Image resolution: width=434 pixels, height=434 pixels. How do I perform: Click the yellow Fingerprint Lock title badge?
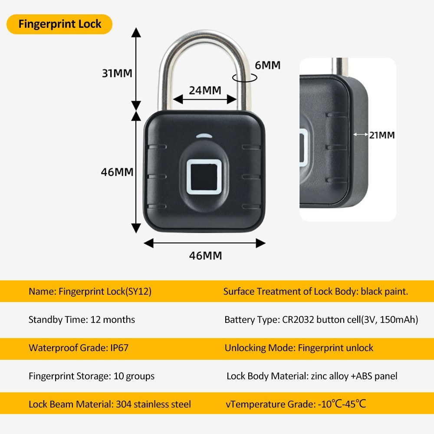pyautogui.click(x=60, y=24)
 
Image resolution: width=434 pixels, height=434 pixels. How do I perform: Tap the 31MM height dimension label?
pyautogui.click(x=117, y=73)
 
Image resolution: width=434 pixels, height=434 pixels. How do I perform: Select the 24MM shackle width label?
pyautogui.click(x=205, y=90)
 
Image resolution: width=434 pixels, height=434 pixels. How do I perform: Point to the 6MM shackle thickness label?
pyautogui.click(x=267, y=65)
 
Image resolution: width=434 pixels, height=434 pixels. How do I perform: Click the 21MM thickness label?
pyautogui.click(x=382, y=135)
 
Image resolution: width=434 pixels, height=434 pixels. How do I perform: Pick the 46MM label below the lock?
pyautogui.click(x=205, y=256)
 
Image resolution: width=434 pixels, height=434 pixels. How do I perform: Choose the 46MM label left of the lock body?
pyautogui.click(x=117, y=172)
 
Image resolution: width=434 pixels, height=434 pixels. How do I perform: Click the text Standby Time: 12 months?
pyautogui.click(x=82, y=320)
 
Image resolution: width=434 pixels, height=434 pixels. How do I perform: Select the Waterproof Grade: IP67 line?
pyautogui.click(x=79, y=348)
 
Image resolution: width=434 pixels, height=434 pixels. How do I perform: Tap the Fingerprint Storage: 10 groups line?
pyautogui.click(x=92, y=376)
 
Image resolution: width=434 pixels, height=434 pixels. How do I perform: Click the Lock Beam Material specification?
pyautogui.click(x=110, y=404)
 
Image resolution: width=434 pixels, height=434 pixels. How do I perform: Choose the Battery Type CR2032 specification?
pyautogui.click(x=321, y=320)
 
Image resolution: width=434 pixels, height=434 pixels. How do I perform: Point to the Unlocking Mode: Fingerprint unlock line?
pyautogui.click(x=299, y=348)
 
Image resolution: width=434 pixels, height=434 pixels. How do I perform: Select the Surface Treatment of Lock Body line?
pyautogui.click(x=316, y=291)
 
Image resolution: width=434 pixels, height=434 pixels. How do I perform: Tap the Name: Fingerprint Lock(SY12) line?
pyautogui.click(x=90, y=291)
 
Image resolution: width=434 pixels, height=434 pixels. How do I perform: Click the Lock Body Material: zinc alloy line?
pyautogui.click(x=312, y=376)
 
